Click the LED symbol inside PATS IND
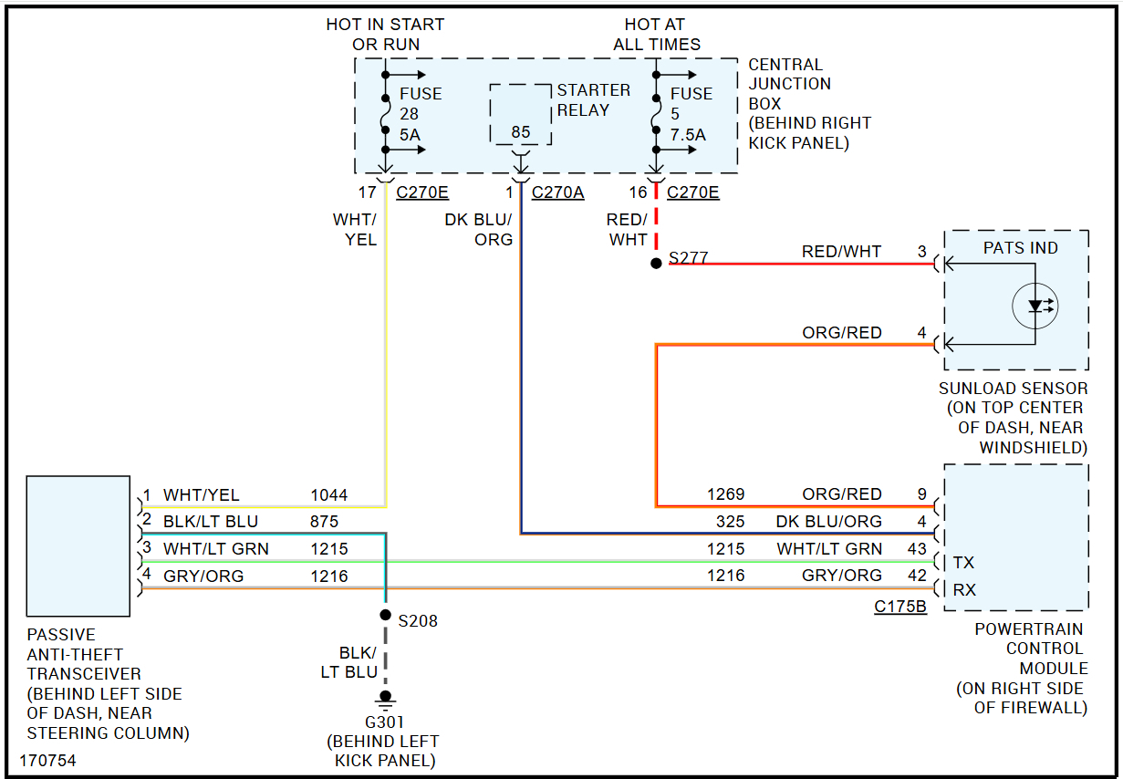(1035, 306)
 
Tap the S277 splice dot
(656, 264)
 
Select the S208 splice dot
(385, 615)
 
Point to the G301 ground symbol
(385, 702)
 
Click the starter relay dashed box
(520, 114)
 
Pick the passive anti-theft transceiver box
(78, 545)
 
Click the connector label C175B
(899, 607)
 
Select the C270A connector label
(557, 192)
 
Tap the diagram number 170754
(47, 760)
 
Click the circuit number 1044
(328, 495)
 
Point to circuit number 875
(324, 522)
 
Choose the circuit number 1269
(725, 494)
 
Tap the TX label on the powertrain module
(963, 562)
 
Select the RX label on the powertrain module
(964, 589)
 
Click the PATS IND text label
(1020, 248)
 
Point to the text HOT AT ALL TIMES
(656, 35)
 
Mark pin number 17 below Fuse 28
(367, 192)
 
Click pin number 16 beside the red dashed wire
(638, 192)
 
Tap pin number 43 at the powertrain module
(917, 549)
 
